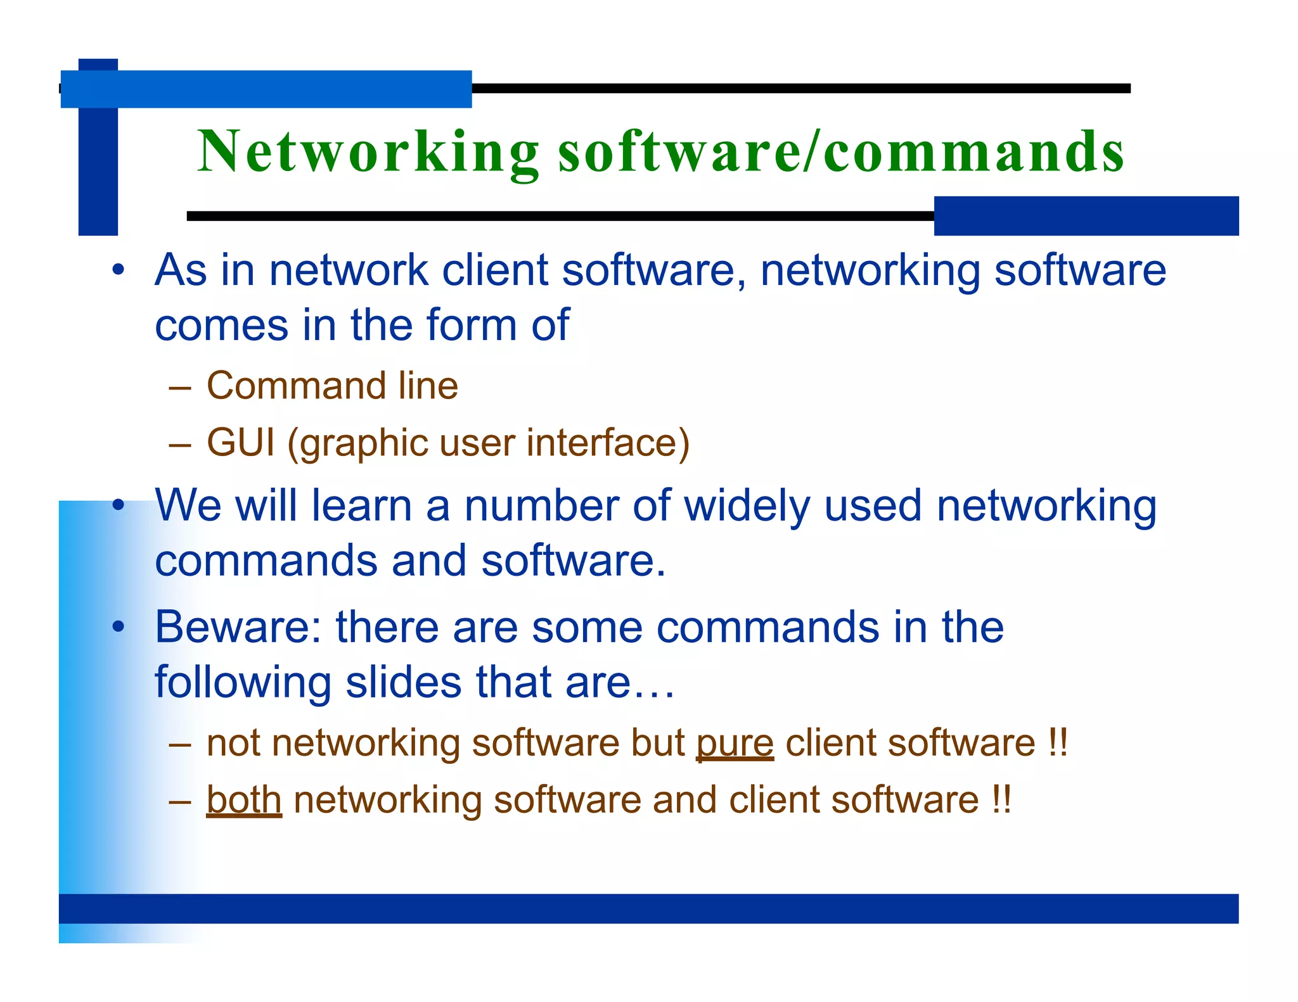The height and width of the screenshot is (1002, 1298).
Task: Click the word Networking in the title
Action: (x=368, y=151)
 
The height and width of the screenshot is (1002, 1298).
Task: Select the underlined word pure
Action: (x=735, y=744)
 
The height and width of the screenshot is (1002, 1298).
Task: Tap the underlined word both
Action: (x=244, y=800)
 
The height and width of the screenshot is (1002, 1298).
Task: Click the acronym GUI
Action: (x=241, y=442)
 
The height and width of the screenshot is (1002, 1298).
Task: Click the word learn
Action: (x=361, y=506)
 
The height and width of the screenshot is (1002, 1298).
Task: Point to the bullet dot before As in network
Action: (x=118, y=271)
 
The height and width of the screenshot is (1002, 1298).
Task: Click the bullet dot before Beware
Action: (x=118, y=628)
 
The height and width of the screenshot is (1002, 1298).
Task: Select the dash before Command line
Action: (x=180, y=387)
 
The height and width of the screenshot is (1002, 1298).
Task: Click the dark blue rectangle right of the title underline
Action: (x=1086, y=216)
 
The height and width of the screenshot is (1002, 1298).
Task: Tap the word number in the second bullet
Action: (x=541, y=506)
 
